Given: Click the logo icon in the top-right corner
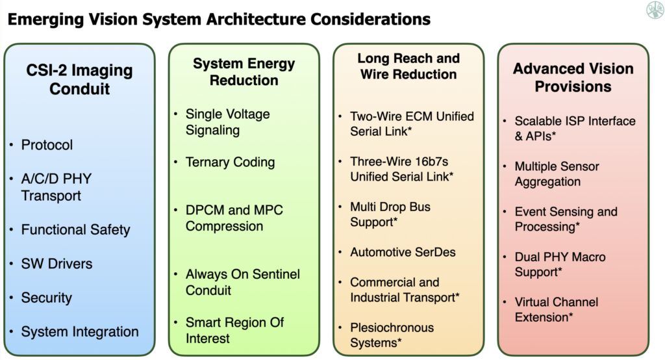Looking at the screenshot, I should click(x=655, y=10).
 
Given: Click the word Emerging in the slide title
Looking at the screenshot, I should click(x=41, y=19).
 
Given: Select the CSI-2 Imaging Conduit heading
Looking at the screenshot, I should click(x=80, y=79).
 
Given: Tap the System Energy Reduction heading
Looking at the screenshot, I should click(x=244, y=72).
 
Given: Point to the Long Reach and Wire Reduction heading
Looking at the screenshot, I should click(x=408, y=66).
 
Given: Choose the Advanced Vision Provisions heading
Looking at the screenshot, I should click(x=573, y=77).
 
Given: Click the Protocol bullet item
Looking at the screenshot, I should click(x=47, y=145).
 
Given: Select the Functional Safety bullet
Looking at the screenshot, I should click(x=75, y=230).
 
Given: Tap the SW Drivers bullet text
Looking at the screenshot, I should click(x=56, y=264).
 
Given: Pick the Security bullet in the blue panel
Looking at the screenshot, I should click(x=46, y=298).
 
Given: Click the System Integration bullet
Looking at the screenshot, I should click(x=80, y=332).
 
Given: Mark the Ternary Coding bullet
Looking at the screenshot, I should click(x=230, y=162).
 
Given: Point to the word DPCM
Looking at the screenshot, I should click(x=205, y=211).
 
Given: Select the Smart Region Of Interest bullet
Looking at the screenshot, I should click(x=234, y=330).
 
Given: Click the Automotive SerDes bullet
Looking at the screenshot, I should click(x=403, y=252).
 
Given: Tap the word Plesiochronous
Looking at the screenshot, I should click(x=392, y=328).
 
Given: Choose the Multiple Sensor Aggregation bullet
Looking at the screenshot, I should click(x=557, y=174).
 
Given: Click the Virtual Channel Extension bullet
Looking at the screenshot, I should click(x=556, y=309).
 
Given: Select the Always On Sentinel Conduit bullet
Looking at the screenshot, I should click(x=242, y=282).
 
